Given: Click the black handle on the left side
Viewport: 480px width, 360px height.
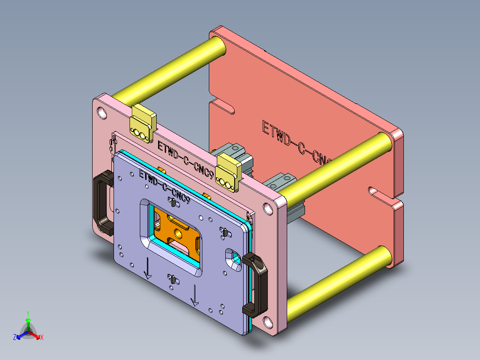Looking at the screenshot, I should coord(102,203).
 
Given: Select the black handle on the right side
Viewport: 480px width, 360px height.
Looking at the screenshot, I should coord(257,286).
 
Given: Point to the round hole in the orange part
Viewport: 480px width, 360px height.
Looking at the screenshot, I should coord(179,232).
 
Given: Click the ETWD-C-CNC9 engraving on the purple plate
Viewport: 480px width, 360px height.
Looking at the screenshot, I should coord(165,187).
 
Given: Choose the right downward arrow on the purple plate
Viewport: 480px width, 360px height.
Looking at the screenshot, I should coord(194,296).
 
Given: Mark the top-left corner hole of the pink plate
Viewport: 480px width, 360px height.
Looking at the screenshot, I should coord(102,111).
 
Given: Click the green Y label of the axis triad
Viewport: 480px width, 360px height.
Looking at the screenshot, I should coord(28,313).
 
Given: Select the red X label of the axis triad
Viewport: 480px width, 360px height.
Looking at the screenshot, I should coord(41,338).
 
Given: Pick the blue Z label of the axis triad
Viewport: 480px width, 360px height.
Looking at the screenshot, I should coord(15,338).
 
